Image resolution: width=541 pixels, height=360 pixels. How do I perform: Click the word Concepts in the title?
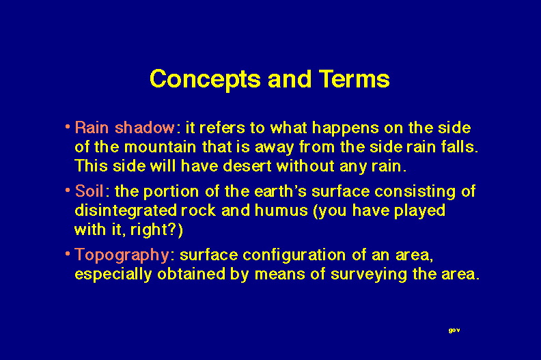(x=205, y=80)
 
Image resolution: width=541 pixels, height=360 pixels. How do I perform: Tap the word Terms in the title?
(x=354, y=79)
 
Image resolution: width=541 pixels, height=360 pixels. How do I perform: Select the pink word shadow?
(x=145, y=127)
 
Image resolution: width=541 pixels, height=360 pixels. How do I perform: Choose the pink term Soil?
(x=89, y=191)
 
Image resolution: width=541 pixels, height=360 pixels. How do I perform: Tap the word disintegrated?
(x=126, y=211)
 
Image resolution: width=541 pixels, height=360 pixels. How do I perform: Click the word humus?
(x=281, y=210)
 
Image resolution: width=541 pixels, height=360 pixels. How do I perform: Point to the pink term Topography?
(x=122, y=255)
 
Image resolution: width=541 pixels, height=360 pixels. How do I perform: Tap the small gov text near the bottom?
(x=454, y=331)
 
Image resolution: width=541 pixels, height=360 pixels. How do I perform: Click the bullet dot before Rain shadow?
(x=68, y=126)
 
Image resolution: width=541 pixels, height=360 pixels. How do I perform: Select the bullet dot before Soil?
(x=68, y=189)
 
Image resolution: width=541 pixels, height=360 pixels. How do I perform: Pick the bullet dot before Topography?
(x=68, y=253)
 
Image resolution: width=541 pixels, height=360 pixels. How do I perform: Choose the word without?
(x=305, y=166)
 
